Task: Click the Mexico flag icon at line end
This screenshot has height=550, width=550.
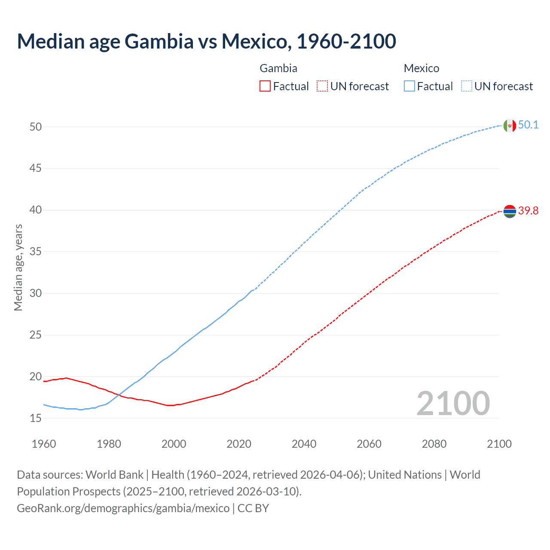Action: (510, 125)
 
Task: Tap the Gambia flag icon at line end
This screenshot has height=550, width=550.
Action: (510, 211)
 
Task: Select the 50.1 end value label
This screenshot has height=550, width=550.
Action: (528, 125)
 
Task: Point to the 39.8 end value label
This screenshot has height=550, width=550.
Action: (528, 211)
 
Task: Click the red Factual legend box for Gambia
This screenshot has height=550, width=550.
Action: (265, 86)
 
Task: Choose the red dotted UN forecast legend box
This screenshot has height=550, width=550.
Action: (322, 86)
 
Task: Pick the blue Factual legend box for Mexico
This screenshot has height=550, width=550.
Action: (409, 86)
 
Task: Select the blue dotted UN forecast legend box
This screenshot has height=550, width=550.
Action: (466, 86)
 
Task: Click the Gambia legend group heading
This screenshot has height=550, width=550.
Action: (278, 68)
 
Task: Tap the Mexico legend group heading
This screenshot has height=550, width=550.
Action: (421, 68)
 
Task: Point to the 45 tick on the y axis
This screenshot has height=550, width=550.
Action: (36, 168)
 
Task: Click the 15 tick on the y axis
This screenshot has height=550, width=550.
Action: (36, 418)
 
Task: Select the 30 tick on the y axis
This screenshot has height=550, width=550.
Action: (36, 293)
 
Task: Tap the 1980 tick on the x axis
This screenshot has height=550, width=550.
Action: (109, 444)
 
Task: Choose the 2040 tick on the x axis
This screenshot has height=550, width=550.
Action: (304, 444)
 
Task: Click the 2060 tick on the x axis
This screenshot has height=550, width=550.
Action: (369, 444)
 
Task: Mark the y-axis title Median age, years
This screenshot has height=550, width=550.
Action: (18, 267)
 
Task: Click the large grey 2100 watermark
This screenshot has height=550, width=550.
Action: (453, 403)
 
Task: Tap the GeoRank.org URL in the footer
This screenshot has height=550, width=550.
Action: (123, 508)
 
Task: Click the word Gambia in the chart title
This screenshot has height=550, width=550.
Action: (159, 41)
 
